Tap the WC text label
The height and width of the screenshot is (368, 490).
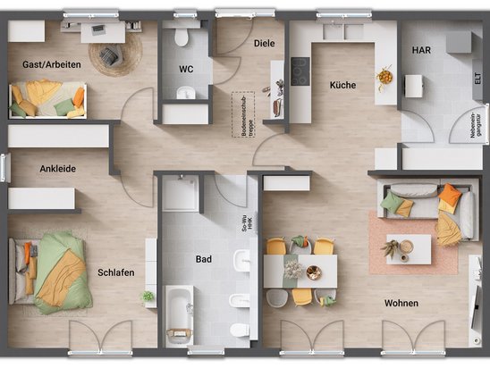pos(185,68)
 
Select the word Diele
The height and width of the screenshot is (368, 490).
pos(264,42)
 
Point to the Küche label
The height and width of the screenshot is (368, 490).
pos(342,86)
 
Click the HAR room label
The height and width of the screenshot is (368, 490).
pos(420,51)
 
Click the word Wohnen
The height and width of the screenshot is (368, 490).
pos(401,304)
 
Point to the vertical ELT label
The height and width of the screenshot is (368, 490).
pos(477,79)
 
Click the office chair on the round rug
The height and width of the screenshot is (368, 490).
pos(112,54)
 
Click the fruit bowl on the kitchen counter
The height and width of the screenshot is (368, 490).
pos(384,76)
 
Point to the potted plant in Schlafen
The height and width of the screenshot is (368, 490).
pos(148,296)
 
